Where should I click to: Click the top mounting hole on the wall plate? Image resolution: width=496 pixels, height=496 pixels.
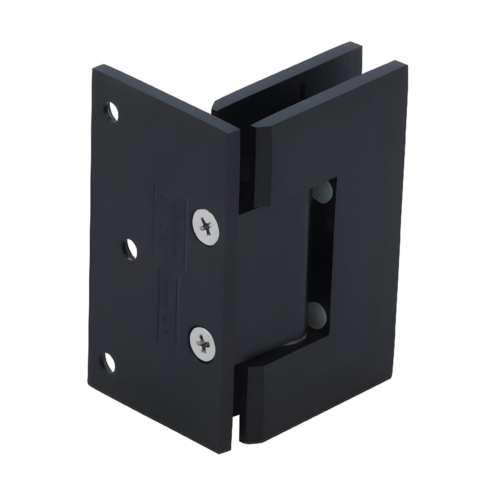[112, 111]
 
